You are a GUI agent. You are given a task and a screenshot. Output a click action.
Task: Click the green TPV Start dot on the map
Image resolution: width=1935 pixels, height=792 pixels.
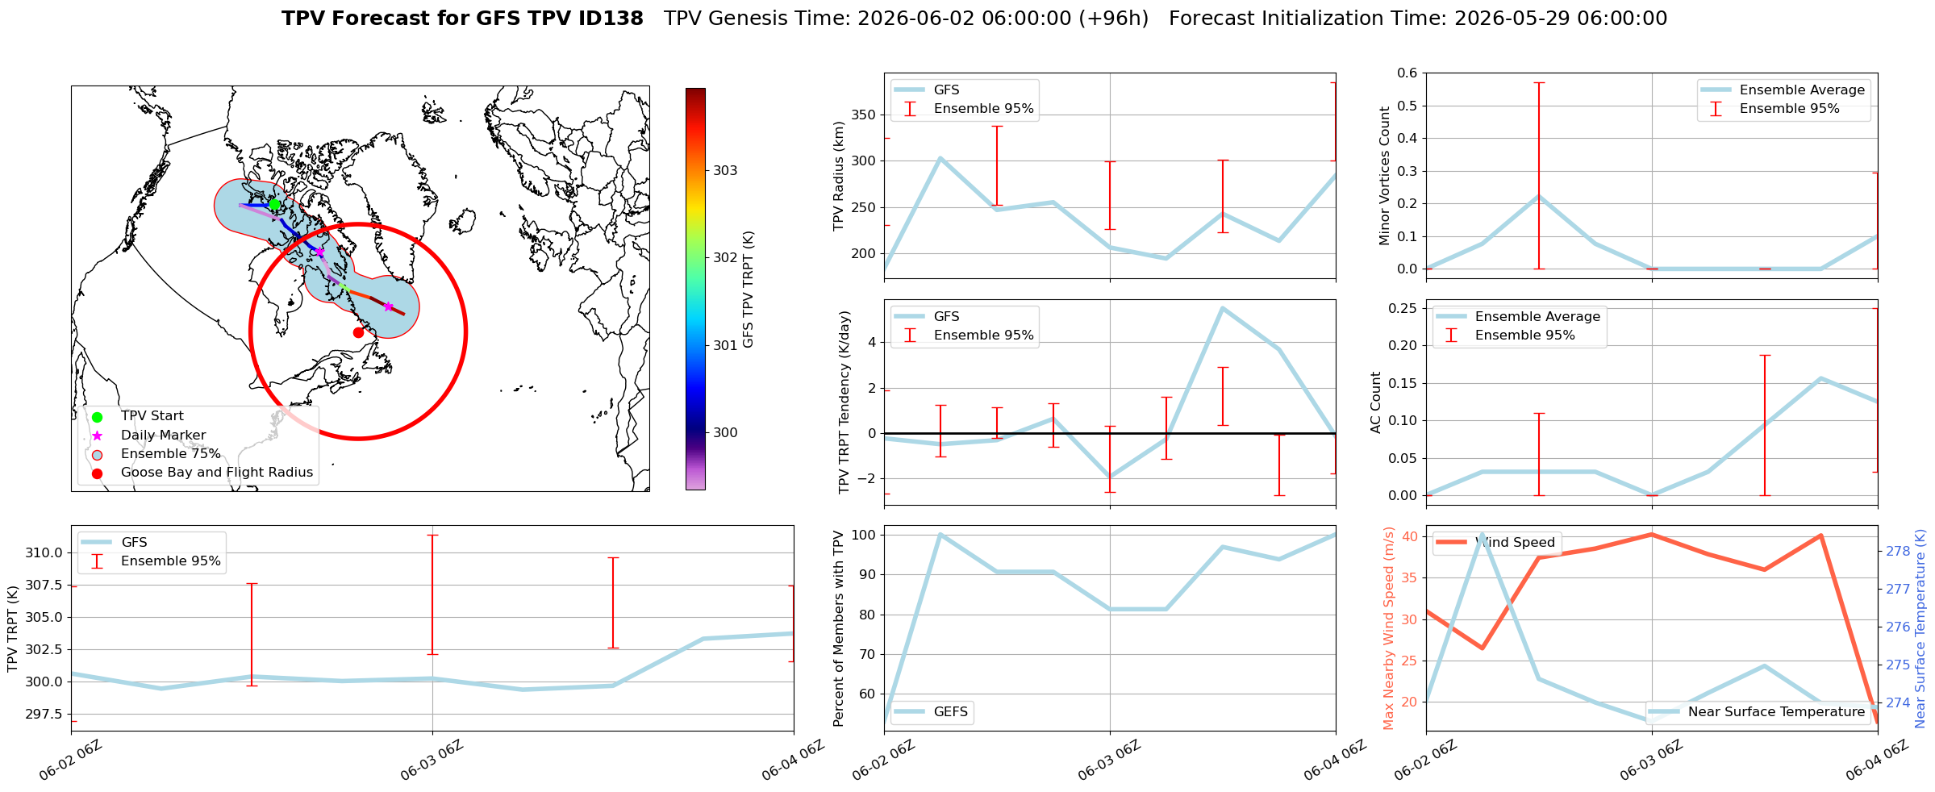pyautogui.click(x=274, y=205)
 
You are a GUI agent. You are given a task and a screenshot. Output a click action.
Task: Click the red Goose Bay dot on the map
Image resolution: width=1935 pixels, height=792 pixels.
pyautogui.click(x=358, y=332)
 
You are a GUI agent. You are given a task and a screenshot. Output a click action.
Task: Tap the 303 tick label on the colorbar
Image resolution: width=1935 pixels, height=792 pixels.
pyautogui.click(x=725, y=170)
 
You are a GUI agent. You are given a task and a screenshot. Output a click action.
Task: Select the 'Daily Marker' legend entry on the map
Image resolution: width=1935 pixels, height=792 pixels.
pyautogui.click(x=163, y=435)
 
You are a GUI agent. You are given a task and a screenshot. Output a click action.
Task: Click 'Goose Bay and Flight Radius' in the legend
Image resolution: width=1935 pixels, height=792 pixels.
pyautogui.click(x=217, y=473)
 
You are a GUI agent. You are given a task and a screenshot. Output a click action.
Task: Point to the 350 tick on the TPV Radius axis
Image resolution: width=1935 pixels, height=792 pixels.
pyautogui.click(x=865, y=115)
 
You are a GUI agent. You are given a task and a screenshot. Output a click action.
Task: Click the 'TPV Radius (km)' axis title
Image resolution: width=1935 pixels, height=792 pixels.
pyautogui.click(x=839, y=176)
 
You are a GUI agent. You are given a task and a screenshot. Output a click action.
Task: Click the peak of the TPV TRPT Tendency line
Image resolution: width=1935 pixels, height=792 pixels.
pyautogui.click(x=1223, y=308)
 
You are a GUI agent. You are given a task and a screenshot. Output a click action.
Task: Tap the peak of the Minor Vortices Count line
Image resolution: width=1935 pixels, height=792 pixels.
pyautogui.click(x=1539, y=196)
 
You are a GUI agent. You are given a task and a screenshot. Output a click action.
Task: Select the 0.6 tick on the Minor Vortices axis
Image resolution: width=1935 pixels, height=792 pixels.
pyautogui.click(x=1407, y=73)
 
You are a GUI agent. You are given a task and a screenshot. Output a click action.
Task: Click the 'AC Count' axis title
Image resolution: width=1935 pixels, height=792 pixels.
pyautogui.click(x=1376, y=402)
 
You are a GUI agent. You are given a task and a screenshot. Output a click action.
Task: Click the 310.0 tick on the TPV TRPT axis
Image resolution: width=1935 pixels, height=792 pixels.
pyautogui.click(x=47, y=552)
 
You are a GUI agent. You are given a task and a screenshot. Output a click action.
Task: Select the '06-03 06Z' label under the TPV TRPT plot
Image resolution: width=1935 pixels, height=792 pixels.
pyautogui.click(x=432, y=760)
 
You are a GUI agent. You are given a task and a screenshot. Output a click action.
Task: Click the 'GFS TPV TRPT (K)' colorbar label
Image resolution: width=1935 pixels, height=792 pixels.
pyautogui.click(x=749, y=290)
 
